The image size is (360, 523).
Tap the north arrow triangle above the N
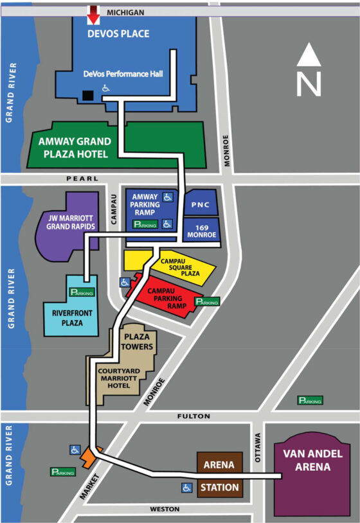[x=309, y=54]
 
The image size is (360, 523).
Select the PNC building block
[x=201, y=204]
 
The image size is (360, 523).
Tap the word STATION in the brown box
[x=219, y=488]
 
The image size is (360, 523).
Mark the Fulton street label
[x=194, y=416]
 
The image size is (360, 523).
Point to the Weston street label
[x=165, y=509]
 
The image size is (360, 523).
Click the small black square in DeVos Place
[x=88, y=96]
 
